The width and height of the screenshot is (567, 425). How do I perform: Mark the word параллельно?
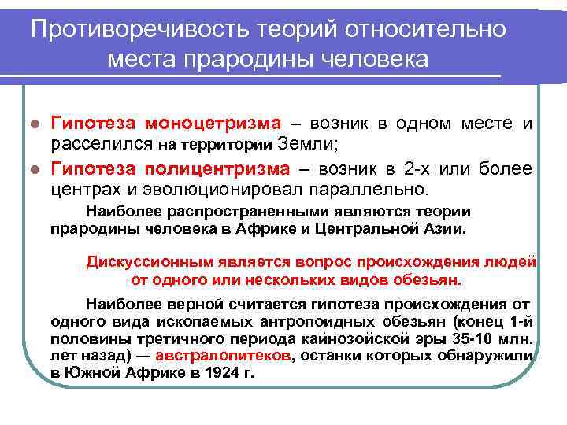(x=376, y=189)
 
